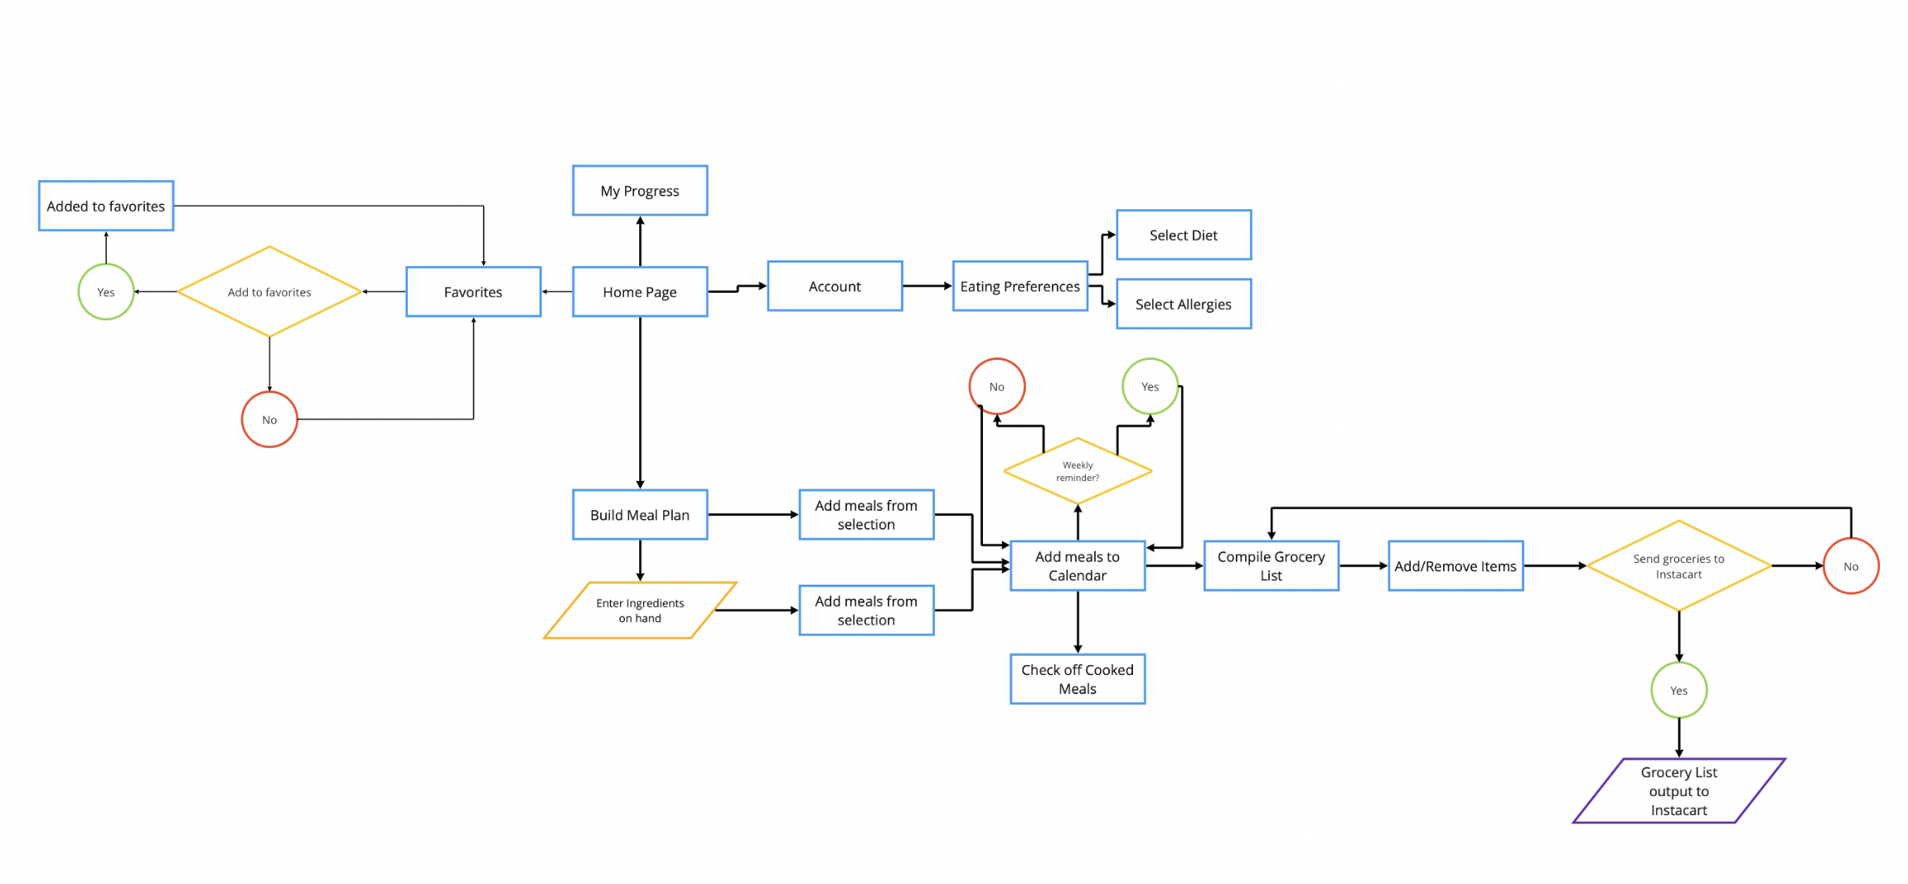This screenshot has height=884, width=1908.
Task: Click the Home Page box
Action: pyautogui.click(x=639, y=292)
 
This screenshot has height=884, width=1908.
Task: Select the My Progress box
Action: pyautogui.click(x=639, y=191)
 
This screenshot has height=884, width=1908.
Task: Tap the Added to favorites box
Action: pyautogui.click(x=105, y=206)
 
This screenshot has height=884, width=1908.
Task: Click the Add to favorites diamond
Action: pyautogui.click(x=269, y=292)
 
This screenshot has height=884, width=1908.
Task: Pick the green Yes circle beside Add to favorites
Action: pyautogui.click(x=105, y=292)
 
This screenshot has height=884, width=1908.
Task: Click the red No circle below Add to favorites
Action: pyautogui.click(x=269, y=420)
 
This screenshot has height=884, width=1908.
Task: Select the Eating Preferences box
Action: pyautogui.click(x=1019, y=286)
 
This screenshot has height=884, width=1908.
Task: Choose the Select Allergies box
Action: pyautogui.click(x=1183, y=304)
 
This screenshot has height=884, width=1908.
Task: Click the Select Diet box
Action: pyautogui.click(x=1183, y=235)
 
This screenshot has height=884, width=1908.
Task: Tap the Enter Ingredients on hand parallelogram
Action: pyautogui.click(x=639, y=610)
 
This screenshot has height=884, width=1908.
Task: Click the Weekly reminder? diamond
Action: pyautogui.click(x=1077, y=471)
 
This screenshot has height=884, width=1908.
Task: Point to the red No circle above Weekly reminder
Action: pyautogui.click(x=996, y=386)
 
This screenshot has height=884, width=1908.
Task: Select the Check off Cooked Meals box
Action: pyautogui.click(x=1077, y=679)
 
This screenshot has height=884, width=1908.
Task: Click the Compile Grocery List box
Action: pyautogui.click(x=1271, y=566)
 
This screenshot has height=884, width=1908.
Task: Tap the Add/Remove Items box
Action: pyautogui.click(x=1455, y=566)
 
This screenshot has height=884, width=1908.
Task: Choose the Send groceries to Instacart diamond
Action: pyautogui.click(x=1678, y=566)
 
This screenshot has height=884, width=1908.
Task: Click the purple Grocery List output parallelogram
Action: pyautogui.click(x=1678, y=790)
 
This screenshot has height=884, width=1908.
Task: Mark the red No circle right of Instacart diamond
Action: pyautogui.click(x=1850, y=566)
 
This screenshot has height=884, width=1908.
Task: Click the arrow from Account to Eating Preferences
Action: pyautogui.click(x=927, y=286)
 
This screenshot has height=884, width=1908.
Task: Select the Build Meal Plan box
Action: pyautogui.click(x=639, y=515)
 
